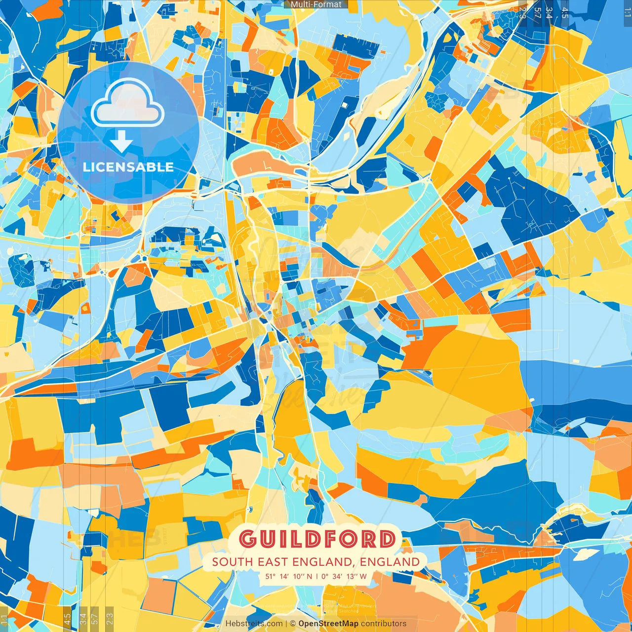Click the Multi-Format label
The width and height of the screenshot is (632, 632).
316,4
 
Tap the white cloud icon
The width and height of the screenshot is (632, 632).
127,104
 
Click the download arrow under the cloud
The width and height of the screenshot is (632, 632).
121,142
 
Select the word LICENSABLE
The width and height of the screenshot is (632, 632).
128,167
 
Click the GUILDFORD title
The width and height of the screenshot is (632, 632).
317,539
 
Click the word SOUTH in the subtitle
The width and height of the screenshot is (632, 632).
232,562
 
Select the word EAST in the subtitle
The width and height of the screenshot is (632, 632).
273,562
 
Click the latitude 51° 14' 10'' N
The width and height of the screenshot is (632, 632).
289,576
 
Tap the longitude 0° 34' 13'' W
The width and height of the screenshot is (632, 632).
344,576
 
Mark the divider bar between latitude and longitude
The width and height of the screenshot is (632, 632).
316,576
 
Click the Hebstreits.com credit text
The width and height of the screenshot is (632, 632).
254,624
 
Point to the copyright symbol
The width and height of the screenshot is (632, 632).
292,624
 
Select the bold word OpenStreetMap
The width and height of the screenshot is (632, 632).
328,624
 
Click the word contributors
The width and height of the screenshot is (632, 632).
384,624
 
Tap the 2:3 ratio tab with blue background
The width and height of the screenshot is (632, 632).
522,12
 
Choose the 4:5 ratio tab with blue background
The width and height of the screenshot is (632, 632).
565,12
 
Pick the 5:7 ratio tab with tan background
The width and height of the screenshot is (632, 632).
95,618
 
